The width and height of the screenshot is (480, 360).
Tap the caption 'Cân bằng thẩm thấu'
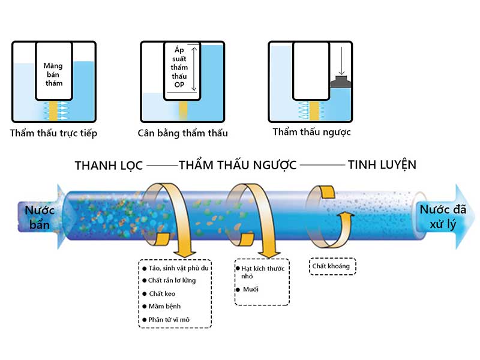(183, 133)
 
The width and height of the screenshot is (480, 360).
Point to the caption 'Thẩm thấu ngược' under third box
(311, 132)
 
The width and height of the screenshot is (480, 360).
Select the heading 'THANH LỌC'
(109, 165)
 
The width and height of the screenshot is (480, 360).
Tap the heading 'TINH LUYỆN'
(382, 164)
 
